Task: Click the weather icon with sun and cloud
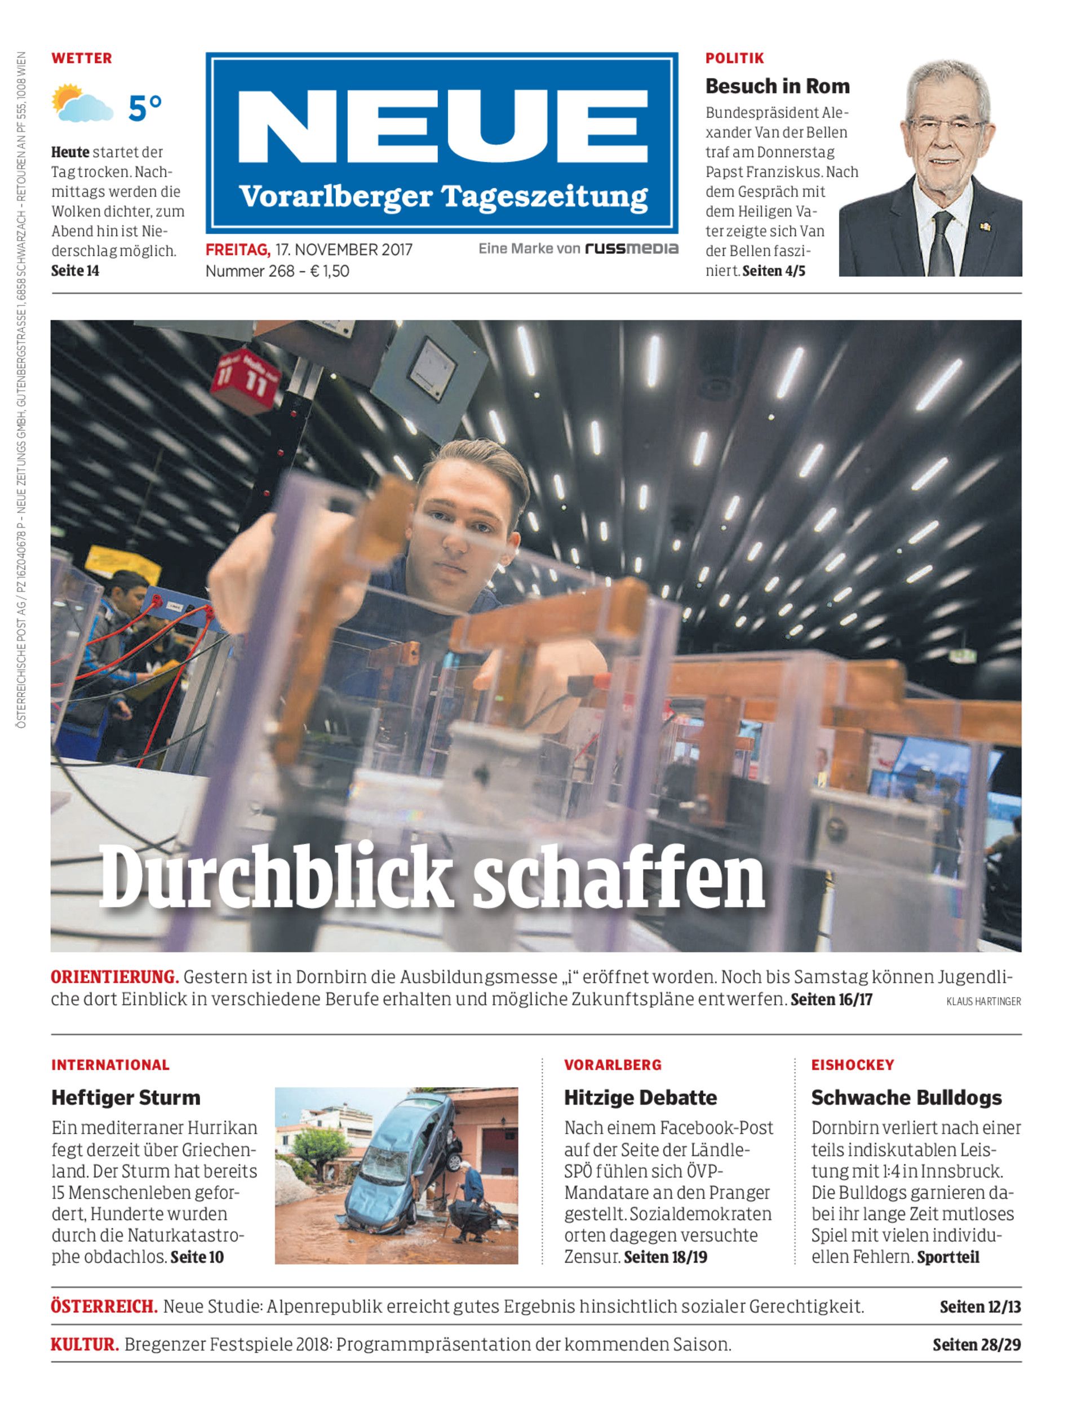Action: (x=82, y=104)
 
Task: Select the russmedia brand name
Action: (x=631, y=248)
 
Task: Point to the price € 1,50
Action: (x=330, y=271)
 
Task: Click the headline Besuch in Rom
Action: (x=777, y=86)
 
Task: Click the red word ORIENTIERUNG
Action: (x=114, y=977)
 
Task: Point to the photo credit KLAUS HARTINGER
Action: (x=983, y=1002)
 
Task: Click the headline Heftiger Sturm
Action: (x=126, y=1097)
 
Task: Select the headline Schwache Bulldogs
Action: (x=906, y=1097)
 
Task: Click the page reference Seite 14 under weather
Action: (x=76, y=271)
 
